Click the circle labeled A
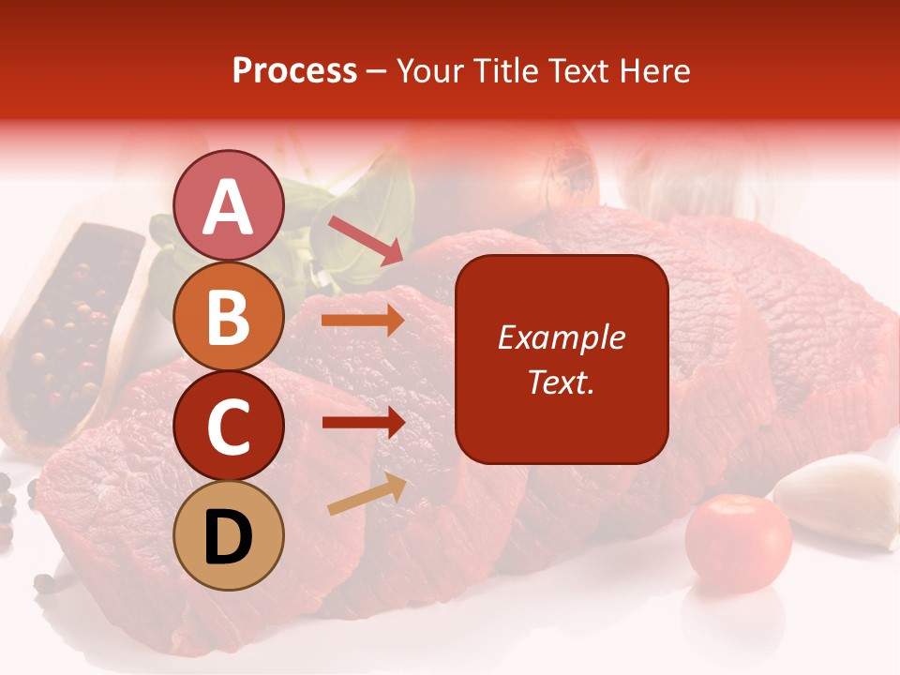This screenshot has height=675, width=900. [228, 205]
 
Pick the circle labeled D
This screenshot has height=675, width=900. [228, 535]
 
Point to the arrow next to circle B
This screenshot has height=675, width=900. [363, 321]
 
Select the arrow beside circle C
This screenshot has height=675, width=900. [363, 423]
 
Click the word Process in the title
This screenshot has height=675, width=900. [294, 71]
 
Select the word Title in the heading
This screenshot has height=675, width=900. [503, 71]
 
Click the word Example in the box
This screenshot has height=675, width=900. [562, 338]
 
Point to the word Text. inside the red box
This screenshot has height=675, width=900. [562, 382]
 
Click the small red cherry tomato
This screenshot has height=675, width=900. [738, 543]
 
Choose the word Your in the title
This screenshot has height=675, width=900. [430, 71]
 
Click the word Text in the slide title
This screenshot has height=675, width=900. [574, 71]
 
